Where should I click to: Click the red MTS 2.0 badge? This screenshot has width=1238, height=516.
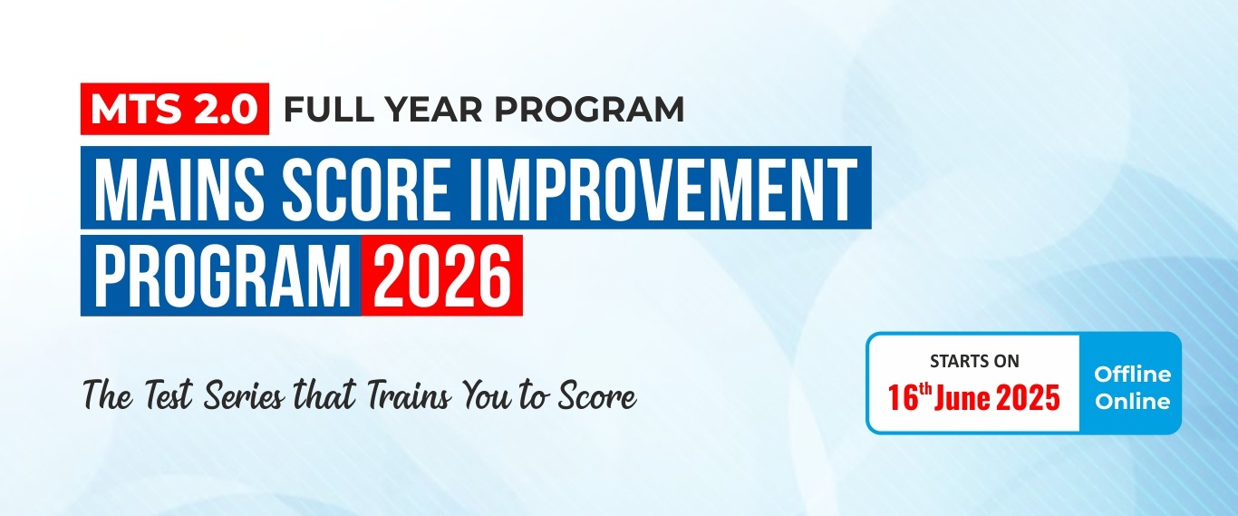[x=175, y=109]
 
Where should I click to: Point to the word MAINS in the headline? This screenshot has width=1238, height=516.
[x=179, y=188]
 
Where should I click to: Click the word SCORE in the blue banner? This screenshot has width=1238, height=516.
[x=365, y=188]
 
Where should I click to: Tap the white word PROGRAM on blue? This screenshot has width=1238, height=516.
[x=223, y=276]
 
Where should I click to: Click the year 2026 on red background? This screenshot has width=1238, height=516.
[x=441, y=276]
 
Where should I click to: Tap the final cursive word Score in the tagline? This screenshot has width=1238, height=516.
[x=596, y=396]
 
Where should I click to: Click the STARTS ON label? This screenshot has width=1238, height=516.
[x=974, y=361]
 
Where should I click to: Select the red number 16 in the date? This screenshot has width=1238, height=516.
[x=902, y=398]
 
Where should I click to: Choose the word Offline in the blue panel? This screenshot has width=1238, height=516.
[x=1133, y=375]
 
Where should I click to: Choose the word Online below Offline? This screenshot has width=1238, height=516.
[x=1133, y=402]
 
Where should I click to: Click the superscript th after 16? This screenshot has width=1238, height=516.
[x=924, y=389]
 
